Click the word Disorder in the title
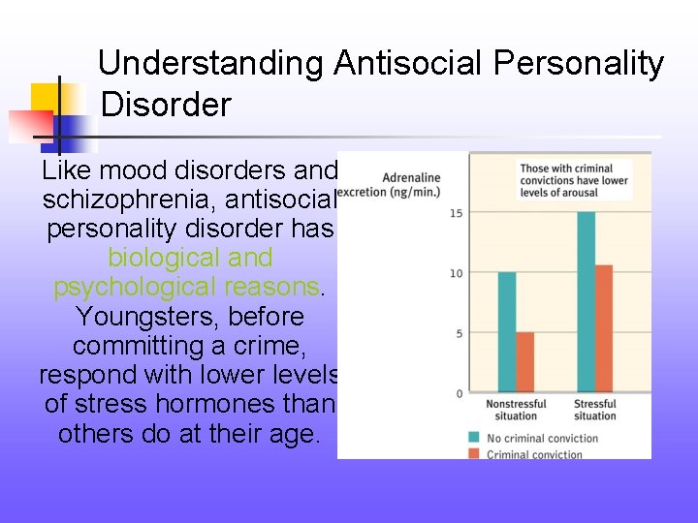coord(166,104)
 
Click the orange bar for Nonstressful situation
coord(524,362)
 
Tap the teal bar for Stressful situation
coord(586,302)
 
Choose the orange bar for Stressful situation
coord(603,328)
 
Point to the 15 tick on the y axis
coord(455,213)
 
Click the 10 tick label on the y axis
coord(455,273)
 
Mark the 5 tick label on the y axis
coord(457,333)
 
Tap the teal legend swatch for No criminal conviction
coord(474,437)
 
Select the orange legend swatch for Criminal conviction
coord(474,453)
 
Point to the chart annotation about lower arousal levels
coord(573,181)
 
